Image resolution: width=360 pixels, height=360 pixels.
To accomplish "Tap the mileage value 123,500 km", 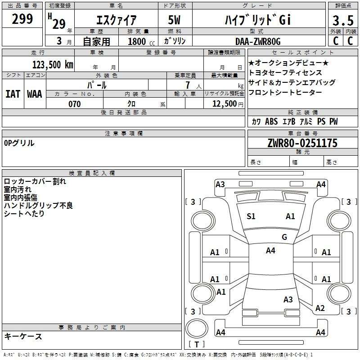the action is [53, 64].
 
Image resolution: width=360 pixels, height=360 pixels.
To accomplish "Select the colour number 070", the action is [74, 104].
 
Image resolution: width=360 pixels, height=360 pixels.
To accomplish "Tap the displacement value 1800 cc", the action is [139, 41].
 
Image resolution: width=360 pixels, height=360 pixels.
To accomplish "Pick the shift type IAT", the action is [13, 94].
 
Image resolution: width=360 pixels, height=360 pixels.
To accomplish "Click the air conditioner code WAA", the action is [34, 94].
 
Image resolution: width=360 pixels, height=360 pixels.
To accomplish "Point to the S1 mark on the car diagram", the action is [251, 216].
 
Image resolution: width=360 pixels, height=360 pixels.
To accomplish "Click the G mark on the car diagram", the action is [284, 237].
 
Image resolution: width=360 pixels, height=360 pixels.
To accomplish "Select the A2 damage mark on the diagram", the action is [320, 308].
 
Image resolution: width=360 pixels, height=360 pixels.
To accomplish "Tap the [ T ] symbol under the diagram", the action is [196, 345].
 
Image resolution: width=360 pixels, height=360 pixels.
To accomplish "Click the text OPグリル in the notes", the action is [19, 143].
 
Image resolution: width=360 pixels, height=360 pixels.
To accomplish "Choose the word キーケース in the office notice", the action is [23, 336].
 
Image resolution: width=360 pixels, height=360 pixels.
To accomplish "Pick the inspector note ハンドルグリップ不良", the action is [38, 205].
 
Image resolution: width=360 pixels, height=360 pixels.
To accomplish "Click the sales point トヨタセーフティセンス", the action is [285, 72].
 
